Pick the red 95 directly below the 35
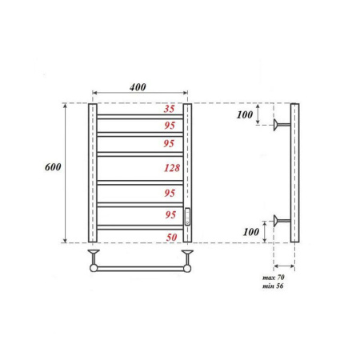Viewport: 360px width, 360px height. tap(169, 125)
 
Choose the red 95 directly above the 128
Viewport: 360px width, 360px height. tap(169, 144)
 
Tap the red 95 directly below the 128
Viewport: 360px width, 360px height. tap(169, 193)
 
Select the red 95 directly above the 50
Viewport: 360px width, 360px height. tap(169, 214)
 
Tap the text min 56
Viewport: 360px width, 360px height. tap(273, 286)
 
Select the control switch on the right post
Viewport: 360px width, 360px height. tap(188, 217)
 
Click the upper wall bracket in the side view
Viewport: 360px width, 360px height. tap(281, 125)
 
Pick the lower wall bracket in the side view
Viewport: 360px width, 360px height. tap(281, 221)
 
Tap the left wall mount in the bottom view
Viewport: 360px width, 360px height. tap(93, 257)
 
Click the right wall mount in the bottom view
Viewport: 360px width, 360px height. tap(188, 257)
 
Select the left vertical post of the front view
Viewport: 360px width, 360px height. tap(92, 172)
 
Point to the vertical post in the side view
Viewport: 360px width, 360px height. tap(294, 172)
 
